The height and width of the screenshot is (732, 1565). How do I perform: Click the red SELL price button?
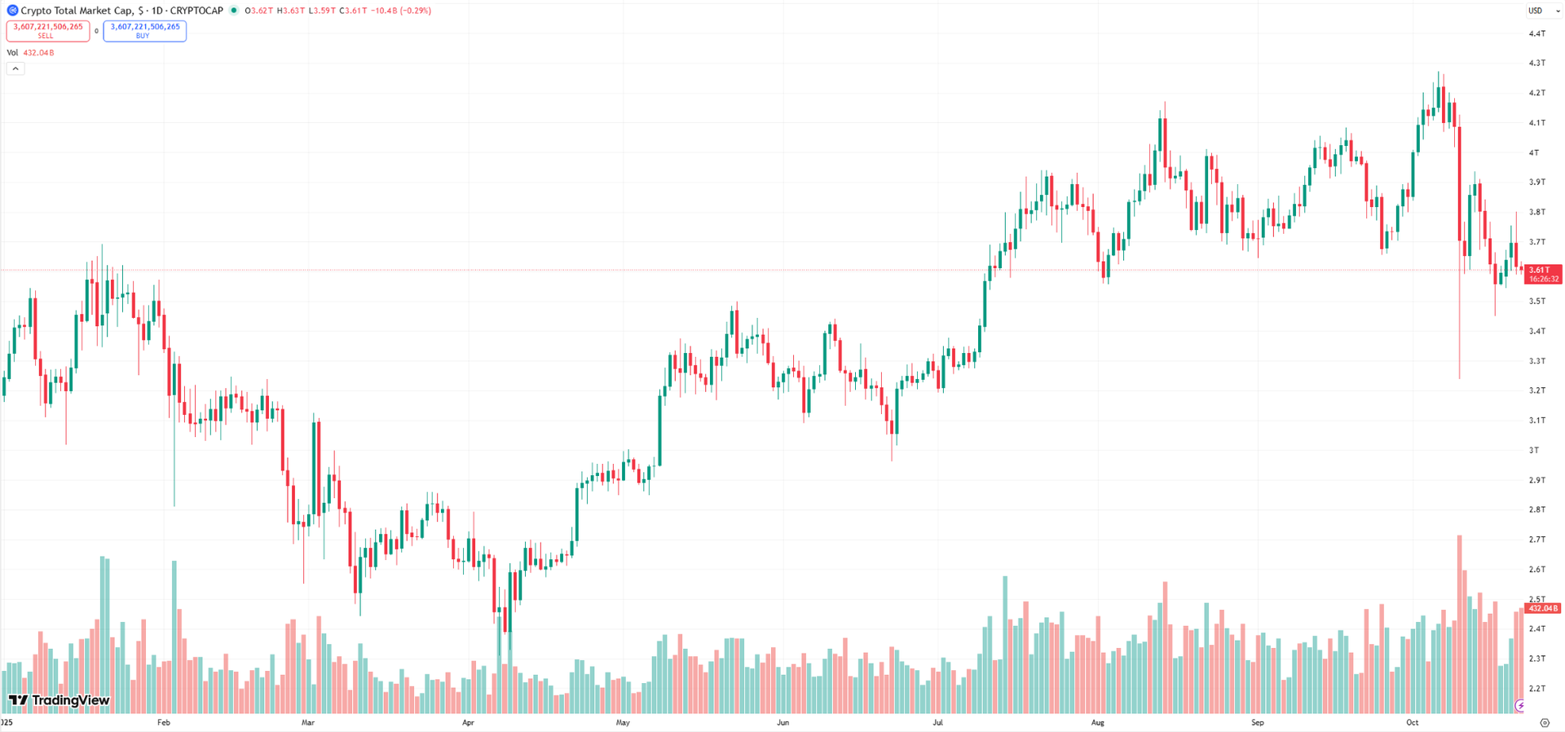coord(47,30)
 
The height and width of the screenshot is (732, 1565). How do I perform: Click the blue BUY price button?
coord(144,30)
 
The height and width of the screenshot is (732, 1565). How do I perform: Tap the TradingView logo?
coord(59,700)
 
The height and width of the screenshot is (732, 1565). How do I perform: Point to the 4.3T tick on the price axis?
coord(1537,63)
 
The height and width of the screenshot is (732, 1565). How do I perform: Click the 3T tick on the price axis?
coord(1534,450)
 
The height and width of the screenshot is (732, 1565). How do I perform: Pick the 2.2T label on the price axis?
coord(1537,689)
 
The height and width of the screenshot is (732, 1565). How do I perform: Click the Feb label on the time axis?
coord(163,722)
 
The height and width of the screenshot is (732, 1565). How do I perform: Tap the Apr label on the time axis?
coord(468,722)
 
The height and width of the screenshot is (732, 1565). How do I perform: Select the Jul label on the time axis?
coord(937,722)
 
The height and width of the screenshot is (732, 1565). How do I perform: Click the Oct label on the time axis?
coord(1412,722)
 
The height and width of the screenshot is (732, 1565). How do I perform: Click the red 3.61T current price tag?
coord(1542,274)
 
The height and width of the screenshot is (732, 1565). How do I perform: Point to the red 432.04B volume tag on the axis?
coord(1543,609)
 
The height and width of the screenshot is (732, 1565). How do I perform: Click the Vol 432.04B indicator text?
coord(31,53)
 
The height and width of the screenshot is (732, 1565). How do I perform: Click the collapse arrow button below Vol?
coord(15,68)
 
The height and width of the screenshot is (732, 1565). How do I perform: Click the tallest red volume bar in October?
coord(1459,624)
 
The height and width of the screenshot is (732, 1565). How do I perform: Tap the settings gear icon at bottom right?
coord(1545,723)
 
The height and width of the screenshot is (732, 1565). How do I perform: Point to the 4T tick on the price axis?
coord(1534,152)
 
